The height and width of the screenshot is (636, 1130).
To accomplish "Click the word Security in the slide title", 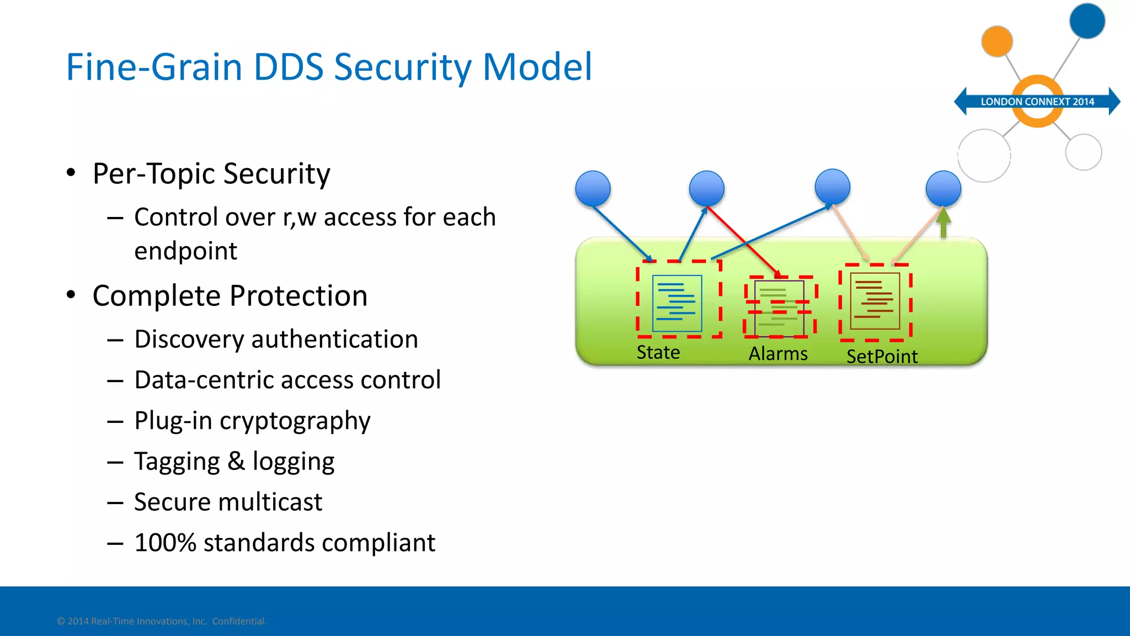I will pos(402,67).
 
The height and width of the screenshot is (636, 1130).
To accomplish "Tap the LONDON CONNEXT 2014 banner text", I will pos(1037,102).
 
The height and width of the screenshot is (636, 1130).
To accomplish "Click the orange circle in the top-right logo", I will pos(996,41).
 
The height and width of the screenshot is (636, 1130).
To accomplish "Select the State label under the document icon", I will pos(658,352).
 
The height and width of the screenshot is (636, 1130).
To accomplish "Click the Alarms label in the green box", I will pos(777,354).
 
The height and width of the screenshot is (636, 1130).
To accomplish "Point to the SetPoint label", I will pos(882,357).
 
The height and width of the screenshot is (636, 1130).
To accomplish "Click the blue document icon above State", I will pos(677,303).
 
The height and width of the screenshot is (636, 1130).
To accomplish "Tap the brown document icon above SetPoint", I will pos(875,301).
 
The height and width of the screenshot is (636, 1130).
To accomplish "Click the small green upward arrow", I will pos(944,223).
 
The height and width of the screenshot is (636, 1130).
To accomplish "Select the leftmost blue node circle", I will pos(593,188).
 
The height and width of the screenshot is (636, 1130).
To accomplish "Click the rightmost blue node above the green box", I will pos(943,188).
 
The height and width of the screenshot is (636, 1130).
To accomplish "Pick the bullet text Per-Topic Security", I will pos(211,174).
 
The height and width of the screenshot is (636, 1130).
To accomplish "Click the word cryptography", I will pos(295,421).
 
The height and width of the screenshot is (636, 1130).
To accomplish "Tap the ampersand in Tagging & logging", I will pos(236,461).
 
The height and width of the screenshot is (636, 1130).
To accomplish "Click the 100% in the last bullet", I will pos(165,543).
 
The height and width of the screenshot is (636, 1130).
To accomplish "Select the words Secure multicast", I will pos(228,502).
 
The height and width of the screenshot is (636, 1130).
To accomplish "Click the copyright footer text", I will pos(162,621).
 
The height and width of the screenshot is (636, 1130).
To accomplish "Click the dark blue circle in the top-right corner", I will pos(1086,21).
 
